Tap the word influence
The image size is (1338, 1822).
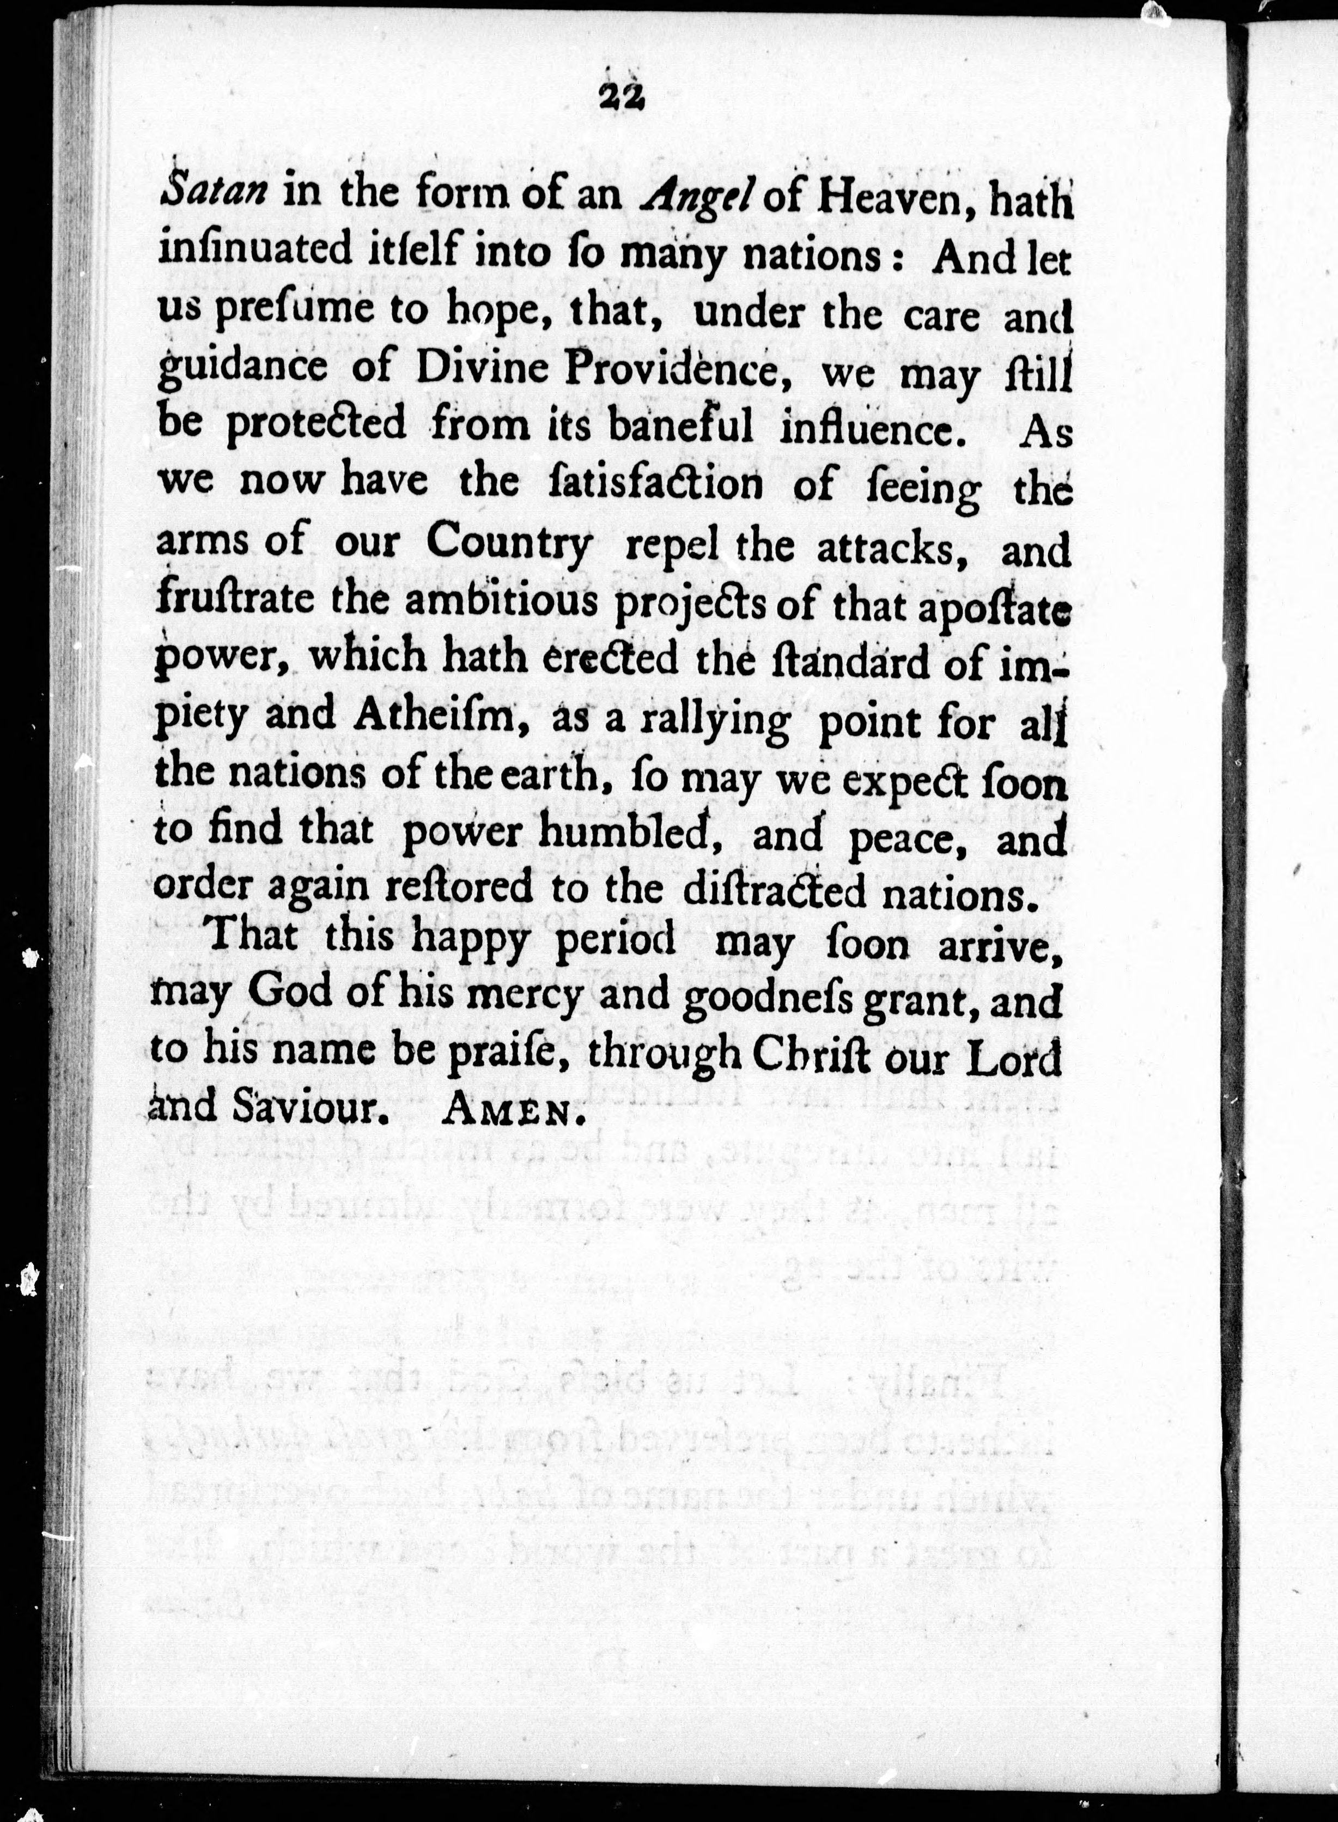tap(875, 428)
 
